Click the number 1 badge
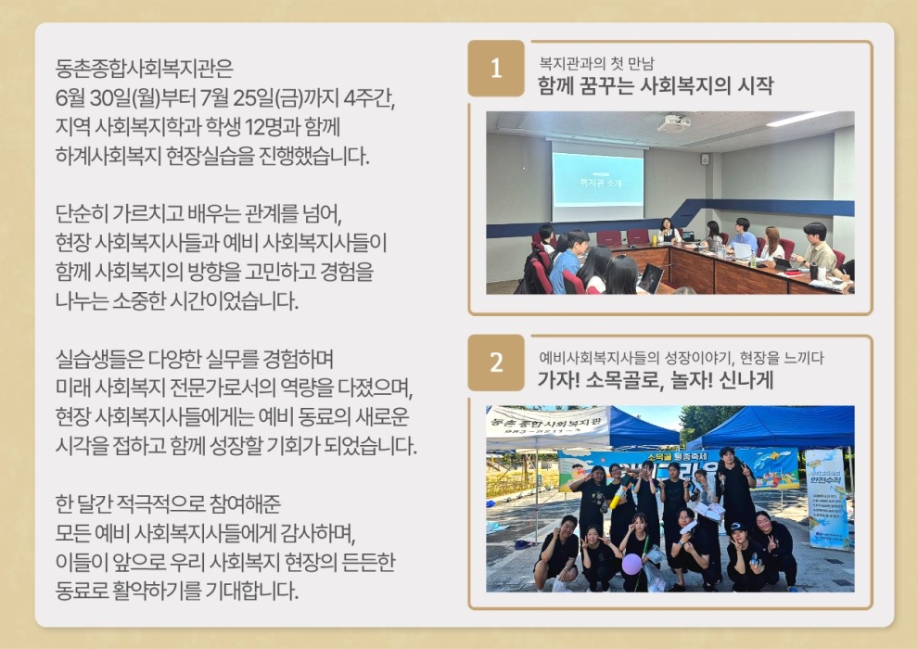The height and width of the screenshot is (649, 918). [x=496, y=69]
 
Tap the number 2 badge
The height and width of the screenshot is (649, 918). [x=496, y=363]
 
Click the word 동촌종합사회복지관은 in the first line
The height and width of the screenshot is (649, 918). [x=144, y=69]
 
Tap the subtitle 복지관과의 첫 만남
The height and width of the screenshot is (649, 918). [x=596, y=63]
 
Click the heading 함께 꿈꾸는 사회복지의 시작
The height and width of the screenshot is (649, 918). [x=656, y=85]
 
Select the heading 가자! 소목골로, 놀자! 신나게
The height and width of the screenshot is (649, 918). [x=656, y=380]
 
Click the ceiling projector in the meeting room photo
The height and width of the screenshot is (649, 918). [x=674, y=123]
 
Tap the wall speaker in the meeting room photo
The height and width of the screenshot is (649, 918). [x=705, y=159]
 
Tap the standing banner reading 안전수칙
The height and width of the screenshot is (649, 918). [x=825, y=499]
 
